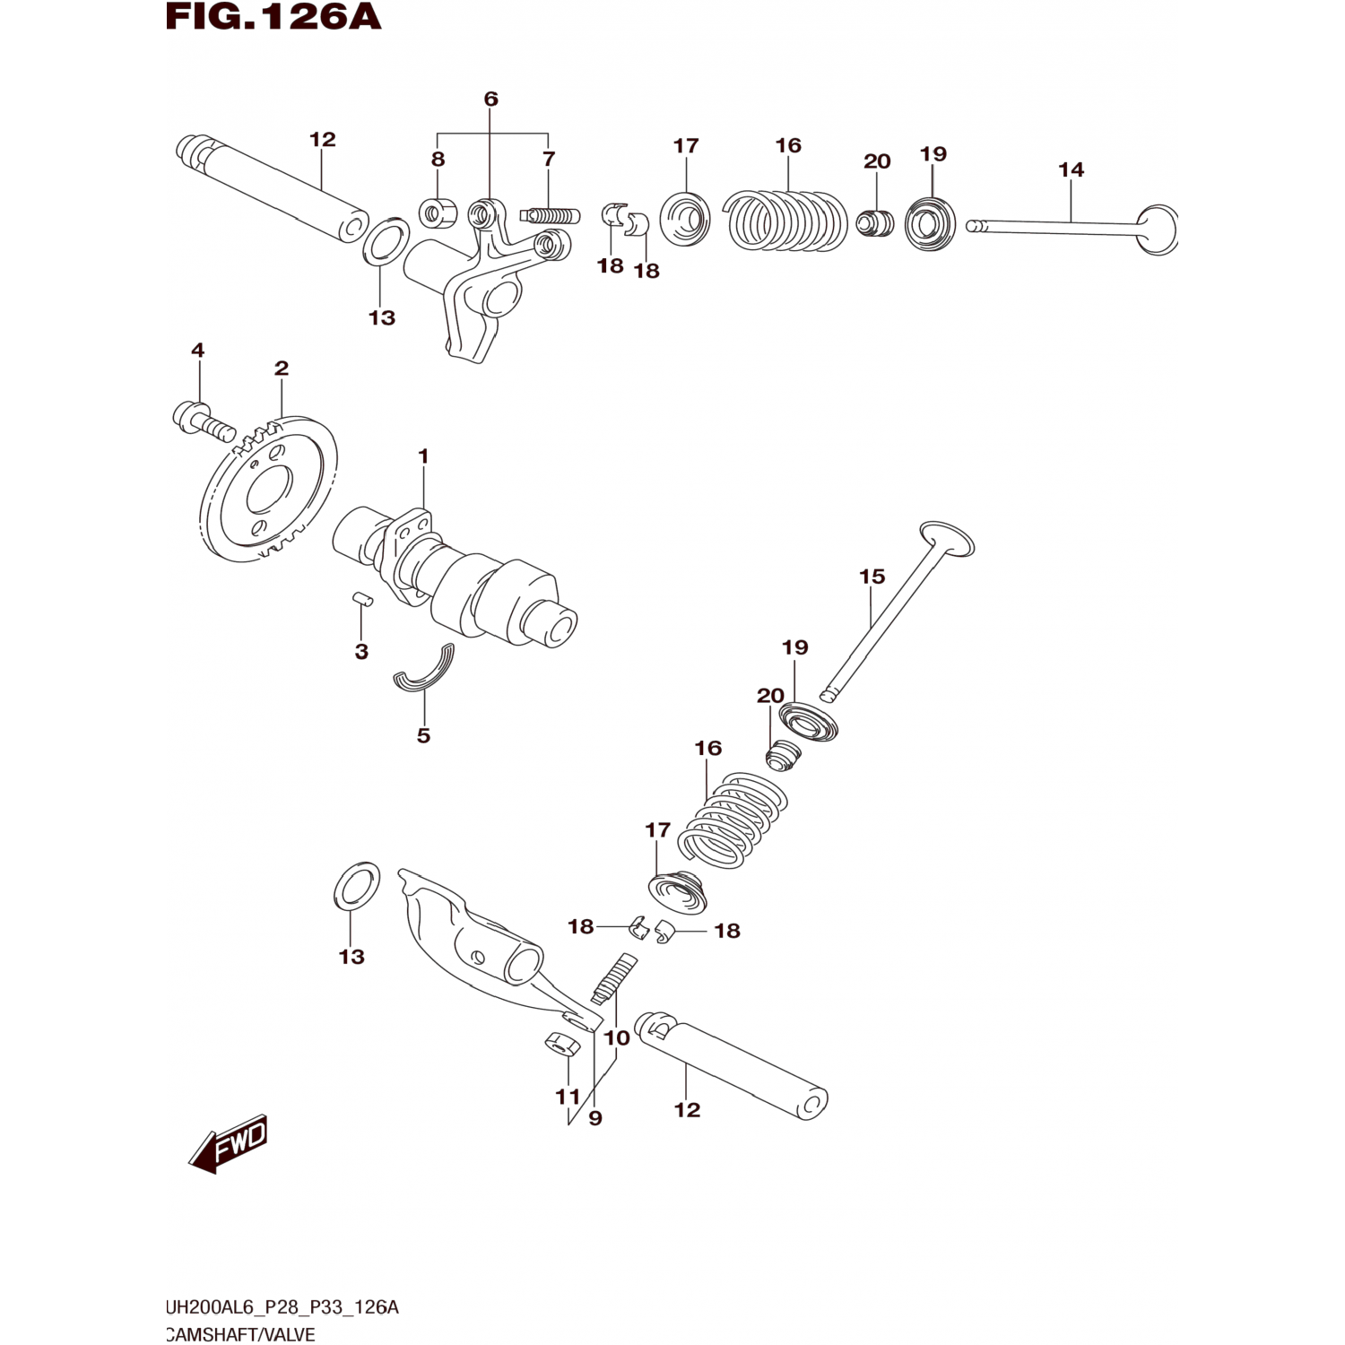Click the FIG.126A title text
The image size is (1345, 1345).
(x=273, y=16)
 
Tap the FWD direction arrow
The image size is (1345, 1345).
(x=228, y=1144)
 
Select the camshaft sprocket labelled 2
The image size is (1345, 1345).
(x=268, y=489)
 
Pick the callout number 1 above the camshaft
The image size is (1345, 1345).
(x=423, y=456)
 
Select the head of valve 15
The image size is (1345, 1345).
(x=947, y=538)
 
